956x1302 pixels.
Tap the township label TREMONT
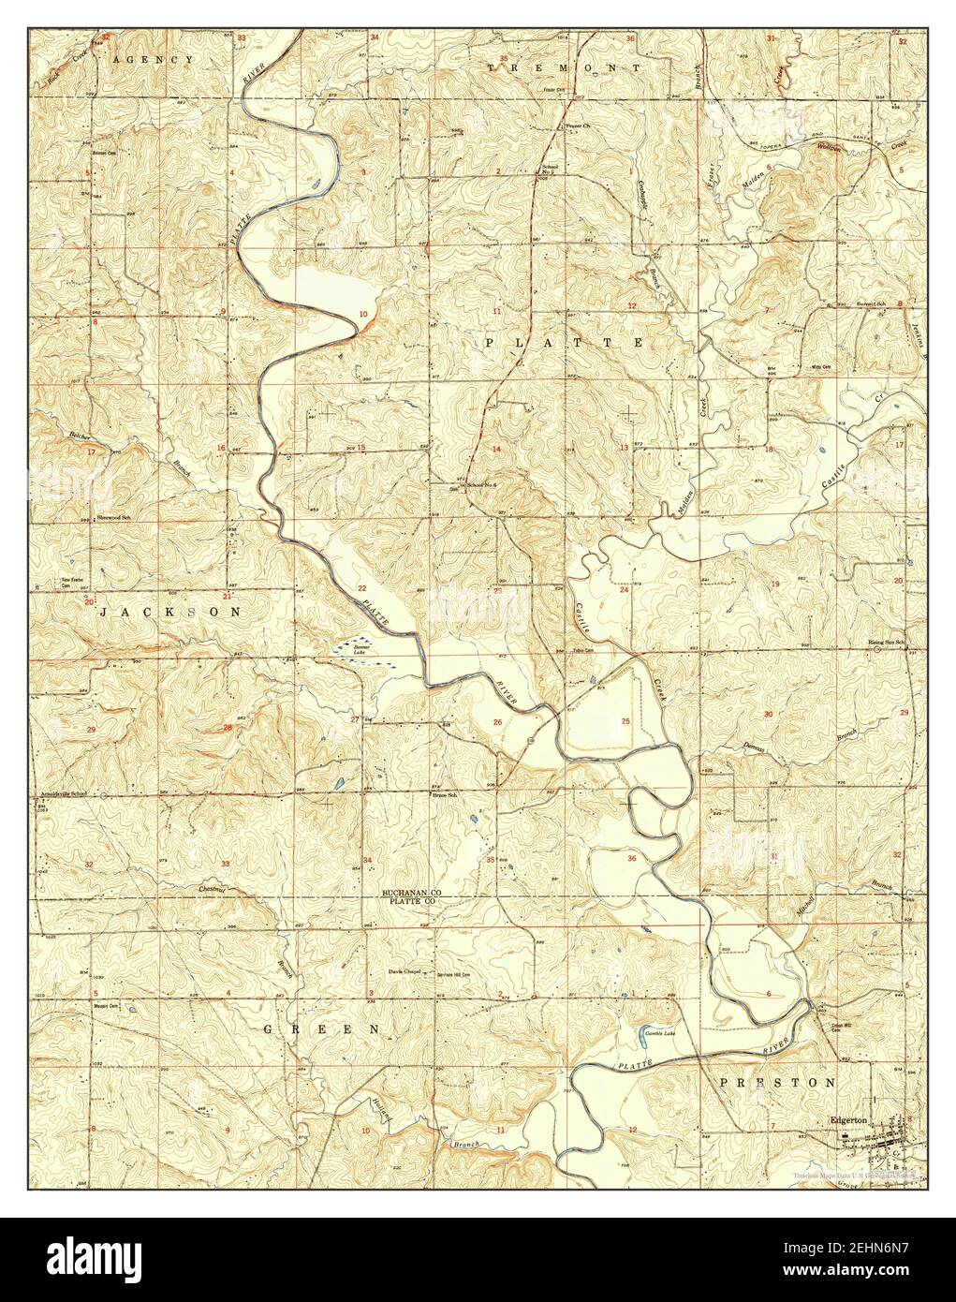565,68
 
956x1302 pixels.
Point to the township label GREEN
320,1028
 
